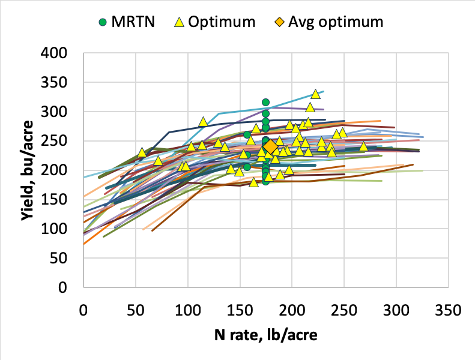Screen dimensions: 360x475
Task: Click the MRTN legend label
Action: pyautogui.click(x=138, y=22)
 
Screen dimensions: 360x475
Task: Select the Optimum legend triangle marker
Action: pyautogui.click(x=178, y=22)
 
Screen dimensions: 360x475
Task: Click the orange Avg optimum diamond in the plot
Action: pyautogui.click(x=270, y=147)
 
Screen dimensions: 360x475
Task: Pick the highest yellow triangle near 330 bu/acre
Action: pyautogui.click(x=315, y=94)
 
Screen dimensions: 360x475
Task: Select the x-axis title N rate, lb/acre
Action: pyautogui.click(x=265, y=335)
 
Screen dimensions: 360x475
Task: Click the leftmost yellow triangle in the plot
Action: pyautogui.click(x=142, y=152)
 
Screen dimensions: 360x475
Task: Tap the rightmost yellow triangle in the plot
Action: pyautogui.click(x=363, y=146)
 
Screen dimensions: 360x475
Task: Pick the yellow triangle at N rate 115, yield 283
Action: pyautogui.click(x=203, y=122)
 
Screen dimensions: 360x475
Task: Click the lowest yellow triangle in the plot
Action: pyautogui.click(x=253, y=182)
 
